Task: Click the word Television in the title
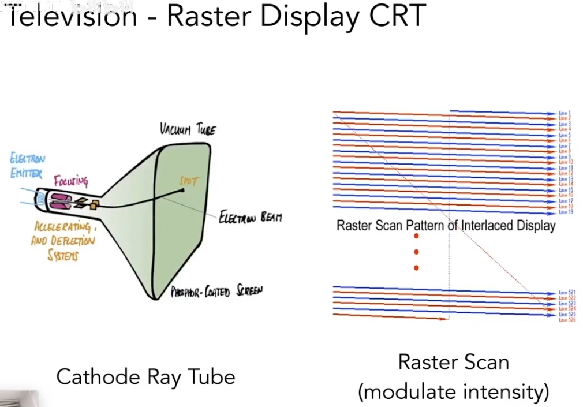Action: point(72,16)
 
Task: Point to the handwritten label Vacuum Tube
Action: point(188,128)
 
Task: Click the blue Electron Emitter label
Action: point(27,165)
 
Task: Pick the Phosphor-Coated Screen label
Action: point(216,292)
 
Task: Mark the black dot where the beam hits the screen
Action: point(183,191)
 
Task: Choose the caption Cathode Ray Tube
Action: point(145,377)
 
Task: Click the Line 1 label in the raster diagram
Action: point(565,113)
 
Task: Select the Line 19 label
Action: point(565,212)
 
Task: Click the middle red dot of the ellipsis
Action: point(416,252)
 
